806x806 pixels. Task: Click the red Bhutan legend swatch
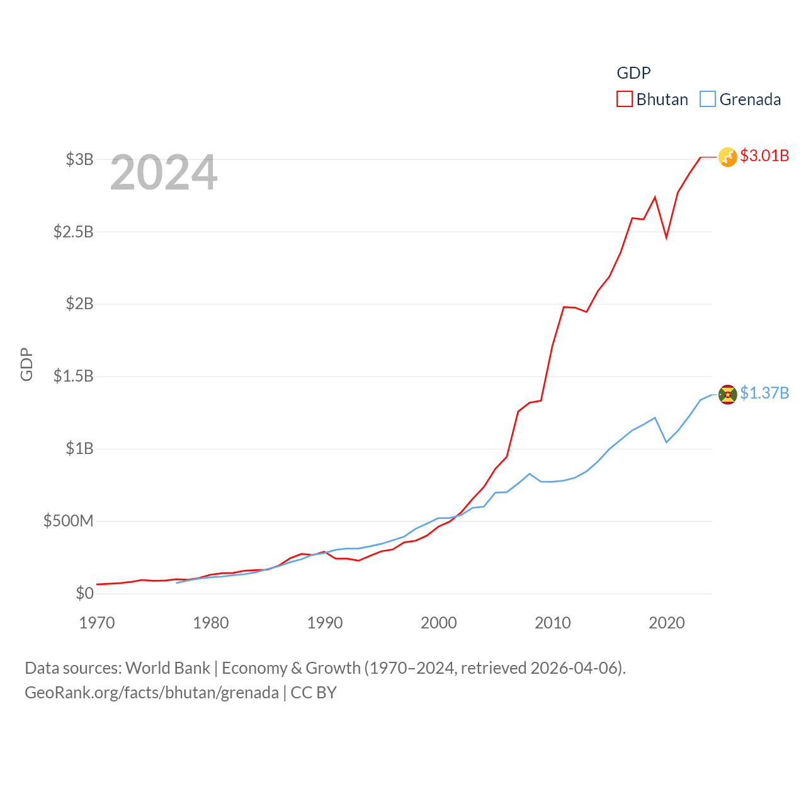(624, 99)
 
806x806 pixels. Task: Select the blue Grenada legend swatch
(708, 99)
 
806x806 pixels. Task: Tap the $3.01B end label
(764, 156)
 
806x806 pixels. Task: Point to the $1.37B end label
(764, 393)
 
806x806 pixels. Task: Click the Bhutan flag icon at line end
(727, 157)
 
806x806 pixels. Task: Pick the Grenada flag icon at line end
(727, 394)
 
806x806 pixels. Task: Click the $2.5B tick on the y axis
(74, 232)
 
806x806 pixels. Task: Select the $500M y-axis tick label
(69, 521)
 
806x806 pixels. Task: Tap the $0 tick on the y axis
(84, 593)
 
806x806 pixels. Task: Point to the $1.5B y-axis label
(74, 377)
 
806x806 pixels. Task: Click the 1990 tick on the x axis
(325, 623)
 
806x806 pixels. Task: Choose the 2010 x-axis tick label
(553, 623)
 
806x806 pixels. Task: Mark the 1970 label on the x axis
(97, 623)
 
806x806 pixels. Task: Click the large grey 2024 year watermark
(164, 173)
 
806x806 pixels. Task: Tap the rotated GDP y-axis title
(26, 364)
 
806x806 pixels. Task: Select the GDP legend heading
(633, 73)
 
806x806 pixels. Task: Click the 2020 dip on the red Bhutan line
(666, 237)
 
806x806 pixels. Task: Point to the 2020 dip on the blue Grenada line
(666, 442)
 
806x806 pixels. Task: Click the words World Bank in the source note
(167, 668)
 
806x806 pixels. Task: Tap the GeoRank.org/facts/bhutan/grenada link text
(152, 693)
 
